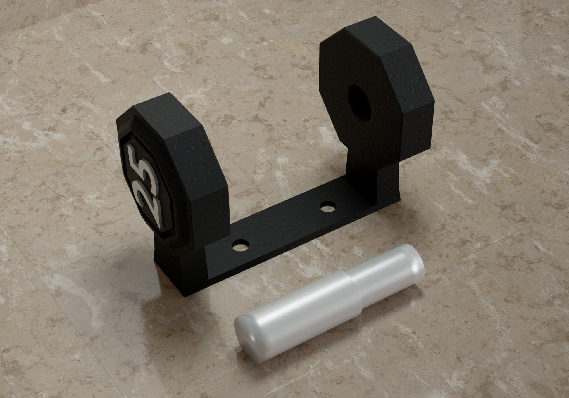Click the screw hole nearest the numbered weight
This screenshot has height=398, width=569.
tap(242, 245)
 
